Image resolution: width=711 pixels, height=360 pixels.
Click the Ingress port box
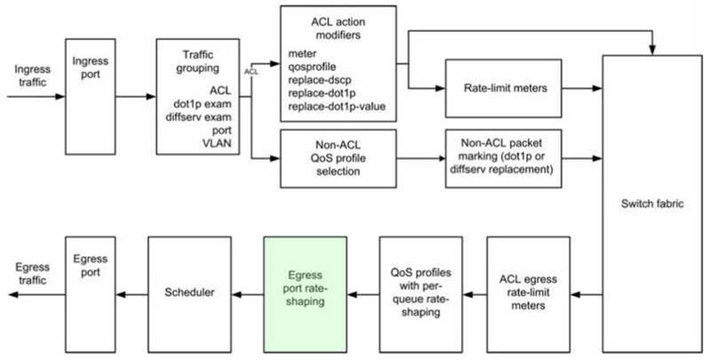point(91,97)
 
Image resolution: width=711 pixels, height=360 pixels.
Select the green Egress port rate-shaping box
point(305,294)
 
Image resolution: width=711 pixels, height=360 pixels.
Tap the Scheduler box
point(189,294)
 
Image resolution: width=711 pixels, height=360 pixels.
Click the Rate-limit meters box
point(503,88)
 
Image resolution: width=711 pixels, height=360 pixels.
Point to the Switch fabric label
point(652,204)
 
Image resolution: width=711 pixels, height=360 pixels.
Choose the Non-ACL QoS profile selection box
point(339,158)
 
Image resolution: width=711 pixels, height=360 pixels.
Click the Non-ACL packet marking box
point(503,158)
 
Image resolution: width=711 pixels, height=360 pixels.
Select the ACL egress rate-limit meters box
point(528,294)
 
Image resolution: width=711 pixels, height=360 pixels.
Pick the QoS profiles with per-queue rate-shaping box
point(420,294)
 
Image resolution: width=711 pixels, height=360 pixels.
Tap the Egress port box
point(91,294)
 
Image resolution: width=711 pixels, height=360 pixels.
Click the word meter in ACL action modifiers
point(302,53)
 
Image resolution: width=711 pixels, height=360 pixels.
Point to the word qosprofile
point(312,67)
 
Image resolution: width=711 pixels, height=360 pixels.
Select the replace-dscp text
point(320,80)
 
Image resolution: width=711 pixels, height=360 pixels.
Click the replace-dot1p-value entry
point(337,107)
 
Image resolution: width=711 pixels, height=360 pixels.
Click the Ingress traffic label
point(33,76)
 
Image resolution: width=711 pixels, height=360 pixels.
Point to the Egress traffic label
point(33,274)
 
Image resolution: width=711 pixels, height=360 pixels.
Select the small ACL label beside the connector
point(252,72)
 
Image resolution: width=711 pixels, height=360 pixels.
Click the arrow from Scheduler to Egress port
point(132,295)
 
